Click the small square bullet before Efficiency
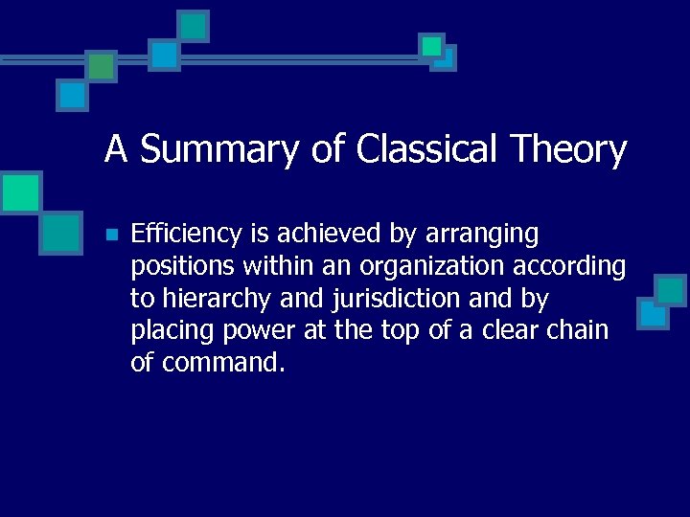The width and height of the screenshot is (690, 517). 111,235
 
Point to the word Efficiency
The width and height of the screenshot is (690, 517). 187,234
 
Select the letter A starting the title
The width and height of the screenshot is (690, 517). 116,149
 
